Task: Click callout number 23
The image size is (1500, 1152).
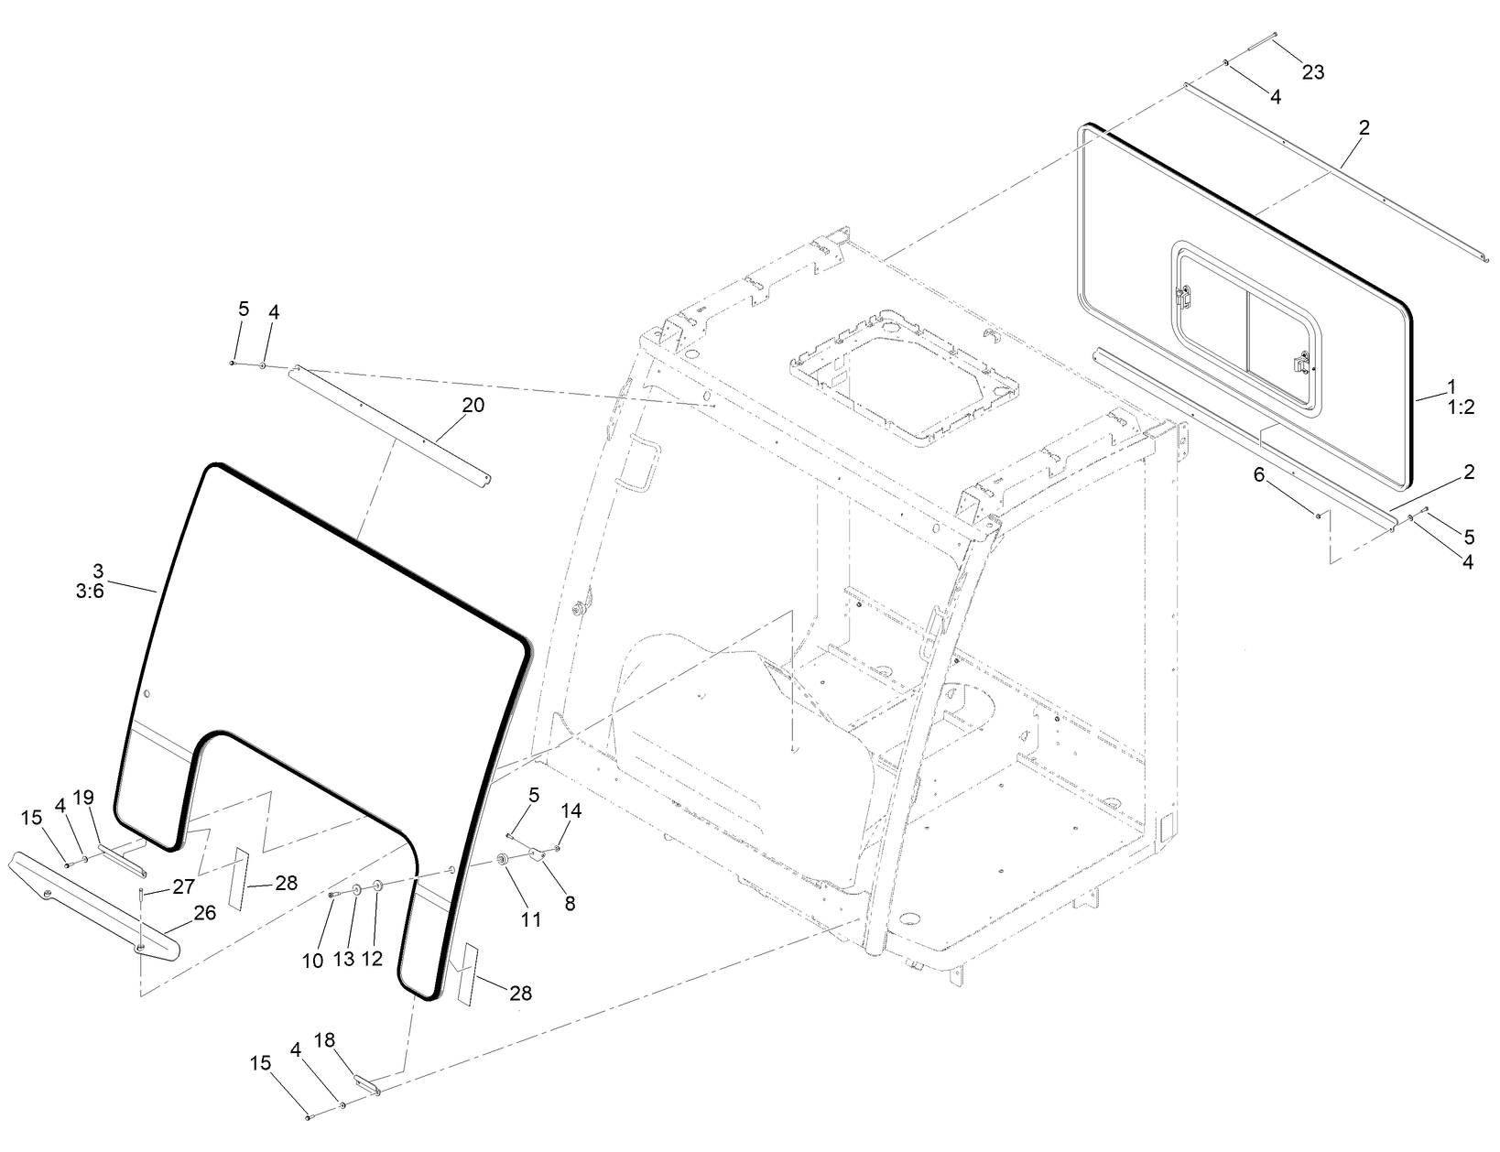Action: click(1312, 72)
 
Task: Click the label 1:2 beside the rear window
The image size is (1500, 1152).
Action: click(1461, 408)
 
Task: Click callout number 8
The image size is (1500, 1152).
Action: click(570, 903)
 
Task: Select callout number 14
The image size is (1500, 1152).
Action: click(571, 810)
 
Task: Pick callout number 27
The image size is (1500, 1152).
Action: click(183, 886)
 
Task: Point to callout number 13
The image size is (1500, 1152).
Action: click(343, 959)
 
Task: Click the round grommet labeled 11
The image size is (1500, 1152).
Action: click(503, 861)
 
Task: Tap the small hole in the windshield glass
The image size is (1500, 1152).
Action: click(142, 692)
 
